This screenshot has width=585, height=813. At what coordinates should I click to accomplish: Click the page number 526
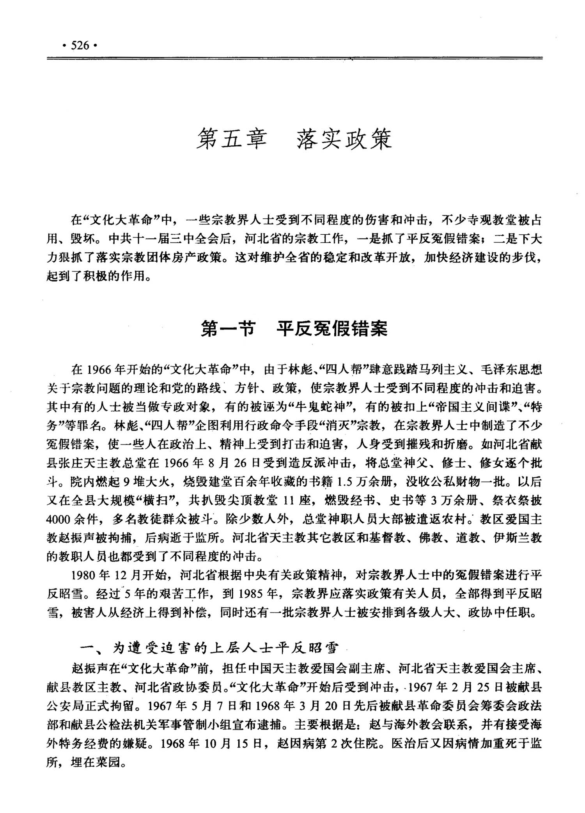(x=80, y=45)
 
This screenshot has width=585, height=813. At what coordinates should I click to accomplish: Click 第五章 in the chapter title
(x=231, y=138)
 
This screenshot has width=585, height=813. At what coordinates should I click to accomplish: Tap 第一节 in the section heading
(x=227, y=328)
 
